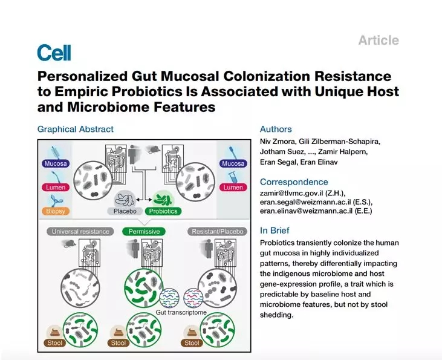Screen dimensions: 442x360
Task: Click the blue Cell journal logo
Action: click(x=54, y=53)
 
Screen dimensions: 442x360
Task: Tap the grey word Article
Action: click(x=379, y=40)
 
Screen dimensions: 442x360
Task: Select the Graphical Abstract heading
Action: click(x=75, y=129)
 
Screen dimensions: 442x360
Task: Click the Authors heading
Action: click(x=276, y=129)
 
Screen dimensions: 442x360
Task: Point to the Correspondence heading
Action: click(x=294, y=182)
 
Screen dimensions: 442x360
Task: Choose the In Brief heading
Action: click(x=275, y=231)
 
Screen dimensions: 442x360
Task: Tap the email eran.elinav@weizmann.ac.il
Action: click(x=306, y=211)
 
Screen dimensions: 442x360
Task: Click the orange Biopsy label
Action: click(x=56, y=211)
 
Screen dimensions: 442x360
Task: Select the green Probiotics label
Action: click(x=163, y=211)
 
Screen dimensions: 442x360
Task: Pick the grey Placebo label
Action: click(x=125, y=211)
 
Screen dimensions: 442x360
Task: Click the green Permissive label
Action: click(x=144, y=231)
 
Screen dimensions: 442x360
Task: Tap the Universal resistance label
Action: click(x=80, y=231)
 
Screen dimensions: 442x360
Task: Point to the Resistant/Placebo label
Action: click(x=217, y=231)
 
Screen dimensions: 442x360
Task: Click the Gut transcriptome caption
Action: click(x=181, y=312)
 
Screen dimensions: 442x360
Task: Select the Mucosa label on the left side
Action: click(x=56, y=163)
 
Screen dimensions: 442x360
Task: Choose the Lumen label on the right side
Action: click(x=233, y=188)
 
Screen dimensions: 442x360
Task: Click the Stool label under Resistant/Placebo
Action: click(x=192, y=343)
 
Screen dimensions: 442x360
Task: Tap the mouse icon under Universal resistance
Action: click(x=70, y=244)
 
